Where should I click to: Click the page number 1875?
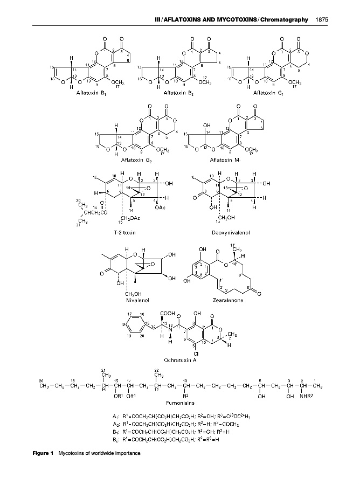322,20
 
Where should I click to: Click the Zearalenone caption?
230,300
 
